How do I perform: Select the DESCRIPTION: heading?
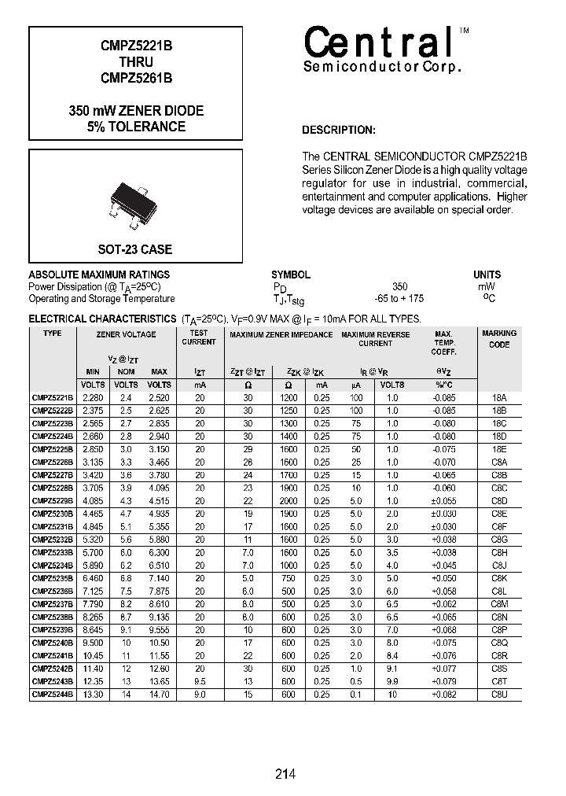pos(339,130)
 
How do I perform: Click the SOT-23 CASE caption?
pos(135,249)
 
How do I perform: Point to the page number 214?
pos(285,774)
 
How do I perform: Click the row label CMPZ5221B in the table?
pos(52,398)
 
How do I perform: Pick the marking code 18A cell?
pos(499,398)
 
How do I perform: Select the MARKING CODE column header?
pos(499,339)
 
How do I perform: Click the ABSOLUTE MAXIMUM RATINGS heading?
pos(99,275)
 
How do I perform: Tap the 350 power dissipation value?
pos(399,287)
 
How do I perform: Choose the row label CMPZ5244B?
pos(52,695)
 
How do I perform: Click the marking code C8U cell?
pos(499,695)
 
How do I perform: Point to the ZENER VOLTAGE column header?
pos(126,334)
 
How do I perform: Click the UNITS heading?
pos(487,275)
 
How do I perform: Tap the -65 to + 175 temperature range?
pos(399,299)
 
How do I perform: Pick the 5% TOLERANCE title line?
pos(137,127)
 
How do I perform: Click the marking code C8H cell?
pos(499,552)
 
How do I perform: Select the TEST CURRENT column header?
pos(199,337)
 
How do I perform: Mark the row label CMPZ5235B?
pos(52,578)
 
